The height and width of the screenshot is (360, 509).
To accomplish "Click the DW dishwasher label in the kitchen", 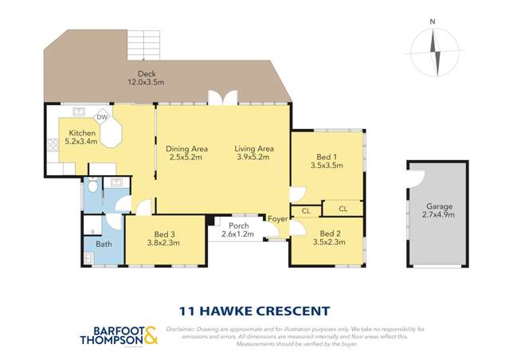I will (x=102, y=116).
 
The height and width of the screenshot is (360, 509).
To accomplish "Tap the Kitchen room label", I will (x=82, y=133).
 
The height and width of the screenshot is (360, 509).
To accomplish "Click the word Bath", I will (x=104, y=245).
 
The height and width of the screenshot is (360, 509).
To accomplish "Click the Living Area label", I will (x=254, y=148).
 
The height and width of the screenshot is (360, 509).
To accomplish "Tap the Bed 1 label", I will (x=327, y=157).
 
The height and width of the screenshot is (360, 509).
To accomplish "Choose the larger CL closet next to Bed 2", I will (x=343, y=209).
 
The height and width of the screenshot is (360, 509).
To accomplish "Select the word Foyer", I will (x=277, y=219).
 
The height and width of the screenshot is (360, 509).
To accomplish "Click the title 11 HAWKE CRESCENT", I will (x=253, y=311).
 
